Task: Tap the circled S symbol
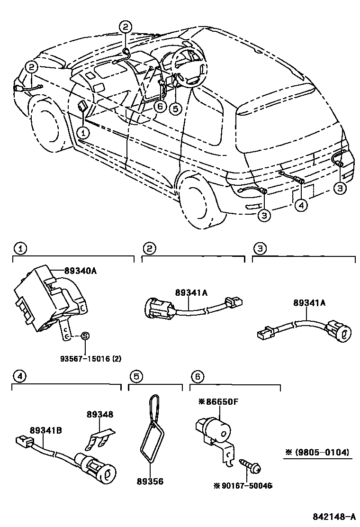click(85, 336)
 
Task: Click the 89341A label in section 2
click(191, 293)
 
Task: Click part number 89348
click(100, 414)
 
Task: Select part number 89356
click(150, 481)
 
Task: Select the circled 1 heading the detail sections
click(19, 248)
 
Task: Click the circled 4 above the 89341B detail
click(19, 377)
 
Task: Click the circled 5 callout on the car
click(176, 109)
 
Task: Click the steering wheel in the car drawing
click(189, 66)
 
